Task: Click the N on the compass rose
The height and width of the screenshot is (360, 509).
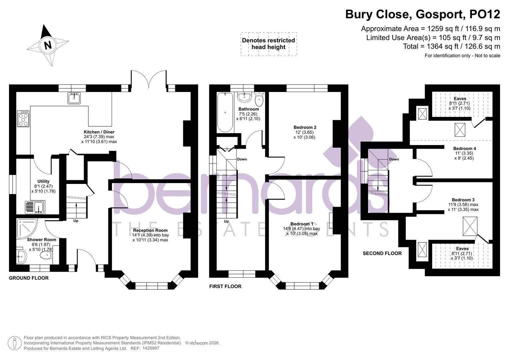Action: click(48, 45)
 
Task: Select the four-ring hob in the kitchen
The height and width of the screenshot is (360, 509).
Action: click(23, 119)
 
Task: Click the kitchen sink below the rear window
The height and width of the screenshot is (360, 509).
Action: click(74, 98)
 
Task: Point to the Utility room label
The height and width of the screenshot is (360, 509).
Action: click(43, 181)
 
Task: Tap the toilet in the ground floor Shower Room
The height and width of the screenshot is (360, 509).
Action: click(46, 256)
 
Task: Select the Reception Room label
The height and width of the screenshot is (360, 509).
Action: click(150, 230)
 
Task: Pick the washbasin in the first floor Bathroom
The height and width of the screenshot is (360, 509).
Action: click(244, 97)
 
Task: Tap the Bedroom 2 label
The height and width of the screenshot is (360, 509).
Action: click(305, 127)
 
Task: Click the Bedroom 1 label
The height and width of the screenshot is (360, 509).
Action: click(302, 224)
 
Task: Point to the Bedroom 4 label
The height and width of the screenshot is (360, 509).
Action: click(464, 149)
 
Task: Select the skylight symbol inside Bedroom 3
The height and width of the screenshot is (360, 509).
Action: click(470, 226)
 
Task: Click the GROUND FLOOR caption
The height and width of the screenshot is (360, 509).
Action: click(29, 278)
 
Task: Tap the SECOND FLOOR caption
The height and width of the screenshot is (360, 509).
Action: click(382, 253)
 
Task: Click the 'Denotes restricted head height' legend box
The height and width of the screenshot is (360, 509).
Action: click(268, 44)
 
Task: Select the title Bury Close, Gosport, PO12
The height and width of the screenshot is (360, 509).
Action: click(422, 14)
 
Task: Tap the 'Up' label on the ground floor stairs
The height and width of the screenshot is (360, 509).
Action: click(76, 221)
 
